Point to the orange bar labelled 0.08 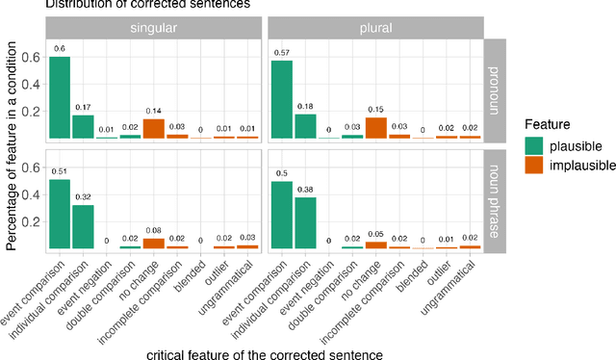153,243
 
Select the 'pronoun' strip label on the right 495,90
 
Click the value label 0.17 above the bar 84,107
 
